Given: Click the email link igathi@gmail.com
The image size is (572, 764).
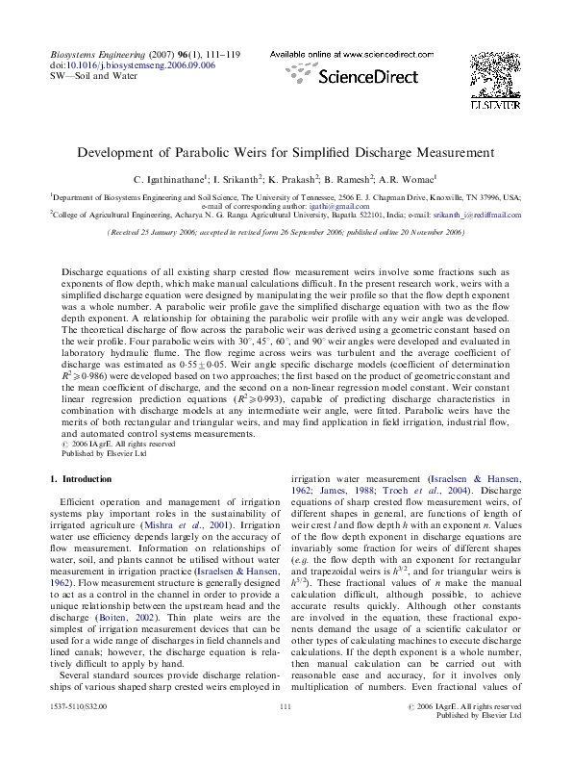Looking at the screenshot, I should pyautogui.click(x=345, y=206).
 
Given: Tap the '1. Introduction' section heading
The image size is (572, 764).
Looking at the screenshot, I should pyautogui.click(x=85, y=478).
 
